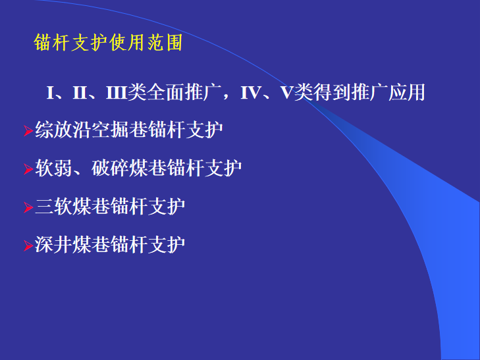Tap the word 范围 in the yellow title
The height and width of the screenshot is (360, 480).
tap(165, 43)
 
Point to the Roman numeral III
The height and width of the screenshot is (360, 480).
tap(117, 92)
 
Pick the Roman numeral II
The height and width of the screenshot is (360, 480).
tap(80, 92)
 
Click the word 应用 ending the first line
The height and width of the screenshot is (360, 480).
tap(407, 92)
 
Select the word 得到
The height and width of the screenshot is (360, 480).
tap(332, 92)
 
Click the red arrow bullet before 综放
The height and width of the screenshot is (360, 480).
tap(28, 131)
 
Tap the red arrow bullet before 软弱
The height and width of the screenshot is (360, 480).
tap(28, 169)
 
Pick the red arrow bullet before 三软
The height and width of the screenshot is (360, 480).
tap(28, 207)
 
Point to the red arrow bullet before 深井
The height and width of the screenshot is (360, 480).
tap(28, 246)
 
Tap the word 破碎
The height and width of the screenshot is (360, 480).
tap(110, 168)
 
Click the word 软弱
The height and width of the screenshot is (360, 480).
tap(53, 168)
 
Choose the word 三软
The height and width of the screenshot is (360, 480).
tap(53, 206)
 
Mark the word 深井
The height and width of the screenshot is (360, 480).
tap(53, 244)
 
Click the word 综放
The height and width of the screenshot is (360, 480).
tap(53, 130)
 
